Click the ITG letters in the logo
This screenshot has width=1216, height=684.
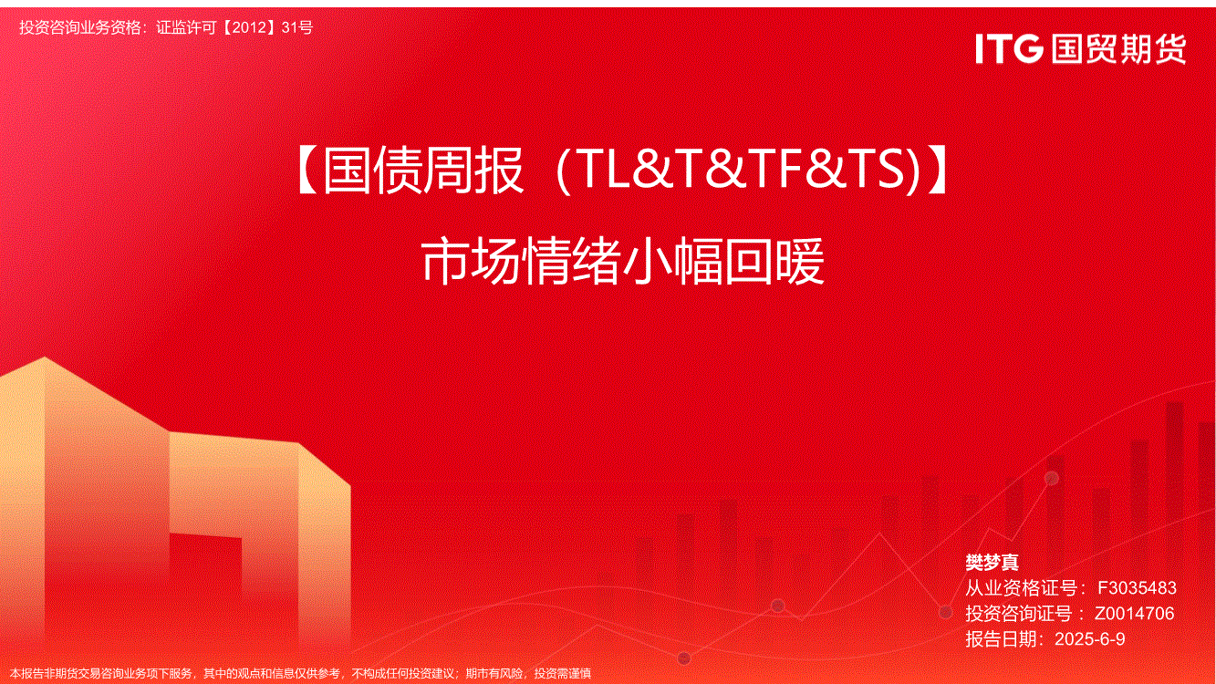pyautogui.click(x=1009, y=48)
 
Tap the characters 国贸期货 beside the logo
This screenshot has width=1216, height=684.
pyautogui.click(x=1118, y=49)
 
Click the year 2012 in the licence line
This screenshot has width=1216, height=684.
pyautogui.click(x=249, y=27)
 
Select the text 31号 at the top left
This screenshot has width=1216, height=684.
pyautogui.click(x=297, y=27)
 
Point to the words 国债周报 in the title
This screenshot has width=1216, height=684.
pyautogui.click(x=423, y=170)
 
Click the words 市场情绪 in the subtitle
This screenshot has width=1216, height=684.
pyautogui.click(x=521, y=262)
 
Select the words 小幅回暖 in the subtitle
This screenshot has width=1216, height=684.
pyautogui.click(x=724, y=262)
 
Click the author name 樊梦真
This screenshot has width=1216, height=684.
pyautogui.click(x=992, y=563)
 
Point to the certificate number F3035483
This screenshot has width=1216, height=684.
pyautogui.click(x=1137, y=588)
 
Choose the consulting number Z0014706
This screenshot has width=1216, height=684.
pyautogui.click(x=1134, y=614)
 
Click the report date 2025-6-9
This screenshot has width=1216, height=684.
pyautogui.click(x=1089, y=639)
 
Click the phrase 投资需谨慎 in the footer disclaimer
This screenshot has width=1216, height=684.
pyautogui.click(x=563, y=674)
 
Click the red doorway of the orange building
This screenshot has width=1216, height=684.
pyautogui.click(x=205, y=565)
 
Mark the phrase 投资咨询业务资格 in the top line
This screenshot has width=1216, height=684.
pyautogui.click(x=79, y=27)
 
